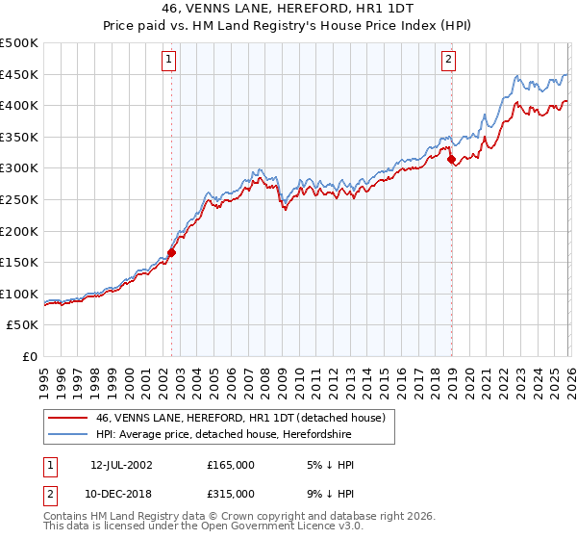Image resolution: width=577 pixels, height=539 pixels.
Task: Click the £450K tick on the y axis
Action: pos(19,74)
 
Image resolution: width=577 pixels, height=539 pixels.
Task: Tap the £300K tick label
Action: pos(19,168)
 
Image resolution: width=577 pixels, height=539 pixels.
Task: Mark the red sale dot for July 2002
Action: pos(172,253)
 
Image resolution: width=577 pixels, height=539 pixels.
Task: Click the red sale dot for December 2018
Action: pos(451,160)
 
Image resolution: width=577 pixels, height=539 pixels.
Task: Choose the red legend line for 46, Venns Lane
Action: pos(67,419)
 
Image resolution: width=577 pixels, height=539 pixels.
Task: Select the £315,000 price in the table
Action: pos(231,494)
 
